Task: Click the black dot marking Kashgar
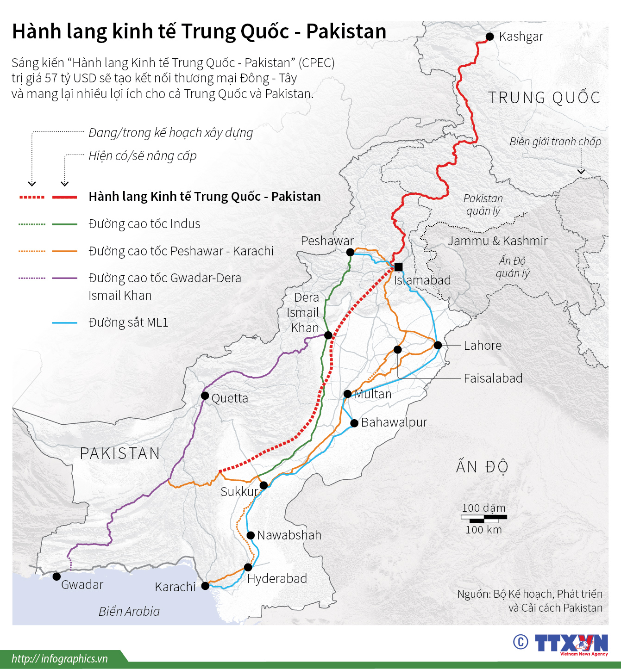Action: (489, 37)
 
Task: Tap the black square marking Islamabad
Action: (398, 267)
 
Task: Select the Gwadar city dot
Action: (56, 576)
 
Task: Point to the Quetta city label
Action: (230, 398)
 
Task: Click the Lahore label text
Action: (483, 346)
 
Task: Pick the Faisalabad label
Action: (493, 378)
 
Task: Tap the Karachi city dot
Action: (205, 586)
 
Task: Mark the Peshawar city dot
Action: (350, 252)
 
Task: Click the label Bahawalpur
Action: (394, 422)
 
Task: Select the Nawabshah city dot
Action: (251, 535)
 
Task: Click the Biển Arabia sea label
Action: (129, 612)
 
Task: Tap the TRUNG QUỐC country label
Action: (544, 98)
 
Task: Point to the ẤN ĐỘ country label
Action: (482, 467)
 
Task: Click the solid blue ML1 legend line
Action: (65, 323)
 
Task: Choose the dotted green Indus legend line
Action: (32, 224)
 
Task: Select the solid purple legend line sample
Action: (65, 279)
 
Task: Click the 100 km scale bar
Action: (484, 519)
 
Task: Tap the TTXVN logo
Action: (571, 644)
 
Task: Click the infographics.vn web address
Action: (60, 659)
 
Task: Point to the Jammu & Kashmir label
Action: (497, 241)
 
